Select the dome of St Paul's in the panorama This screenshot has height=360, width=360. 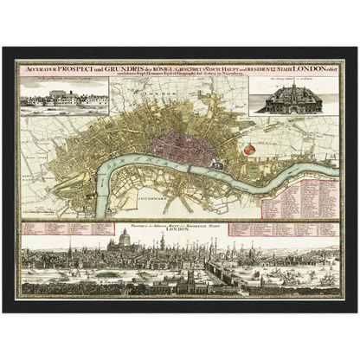pyautogui.click(x=125, y=237)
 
